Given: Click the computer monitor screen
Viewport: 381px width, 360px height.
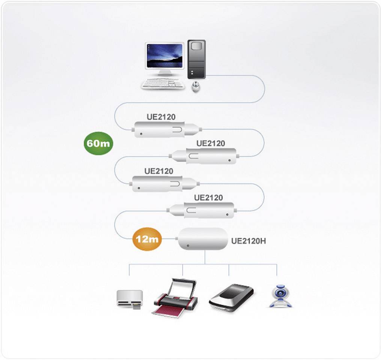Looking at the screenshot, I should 165,56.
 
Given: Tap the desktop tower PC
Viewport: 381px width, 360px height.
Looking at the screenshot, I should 197,60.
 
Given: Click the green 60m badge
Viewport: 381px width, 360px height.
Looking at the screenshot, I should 98,144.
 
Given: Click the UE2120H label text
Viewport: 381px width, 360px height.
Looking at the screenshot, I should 248,241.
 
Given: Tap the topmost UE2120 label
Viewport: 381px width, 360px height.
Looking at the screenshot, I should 160,117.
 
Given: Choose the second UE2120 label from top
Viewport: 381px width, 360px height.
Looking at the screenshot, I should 211,144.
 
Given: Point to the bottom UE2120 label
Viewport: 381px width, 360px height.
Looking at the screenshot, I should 208,198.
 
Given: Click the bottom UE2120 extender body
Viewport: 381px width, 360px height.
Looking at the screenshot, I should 205,210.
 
